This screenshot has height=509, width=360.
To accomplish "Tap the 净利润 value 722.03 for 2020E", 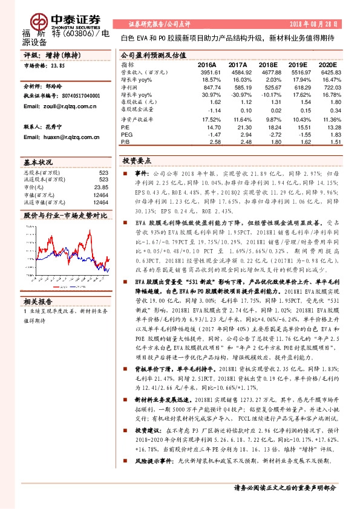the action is (x=324, y=88).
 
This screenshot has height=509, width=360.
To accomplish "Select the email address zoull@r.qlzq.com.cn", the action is (x=59, y=106).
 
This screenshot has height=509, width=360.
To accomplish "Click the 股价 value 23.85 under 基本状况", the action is (x=102, y=187).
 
